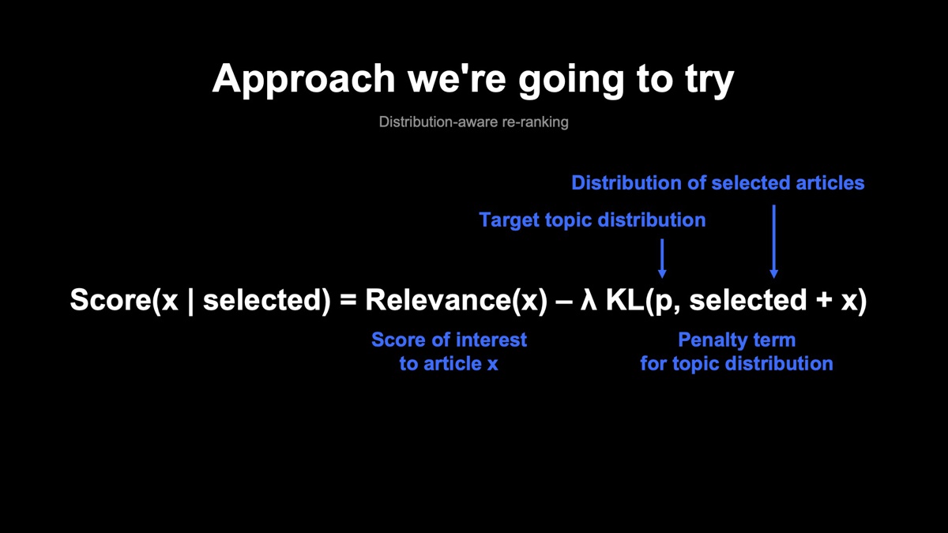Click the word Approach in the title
304,80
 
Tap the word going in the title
571,80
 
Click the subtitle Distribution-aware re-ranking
473,122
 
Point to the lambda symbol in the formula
589,299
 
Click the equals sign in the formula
348,301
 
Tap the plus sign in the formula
824,300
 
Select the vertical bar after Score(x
190,301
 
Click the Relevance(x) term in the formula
457,300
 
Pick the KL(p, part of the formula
643,301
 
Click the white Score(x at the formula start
124,300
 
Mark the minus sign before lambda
564,302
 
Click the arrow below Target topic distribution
662,258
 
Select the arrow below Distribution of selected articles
774,242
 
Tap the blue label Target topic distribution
592,220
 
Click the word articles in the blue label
830,183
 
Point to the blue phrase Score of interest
449,340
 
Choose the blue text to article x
449,364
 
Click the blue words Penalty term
737,340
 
